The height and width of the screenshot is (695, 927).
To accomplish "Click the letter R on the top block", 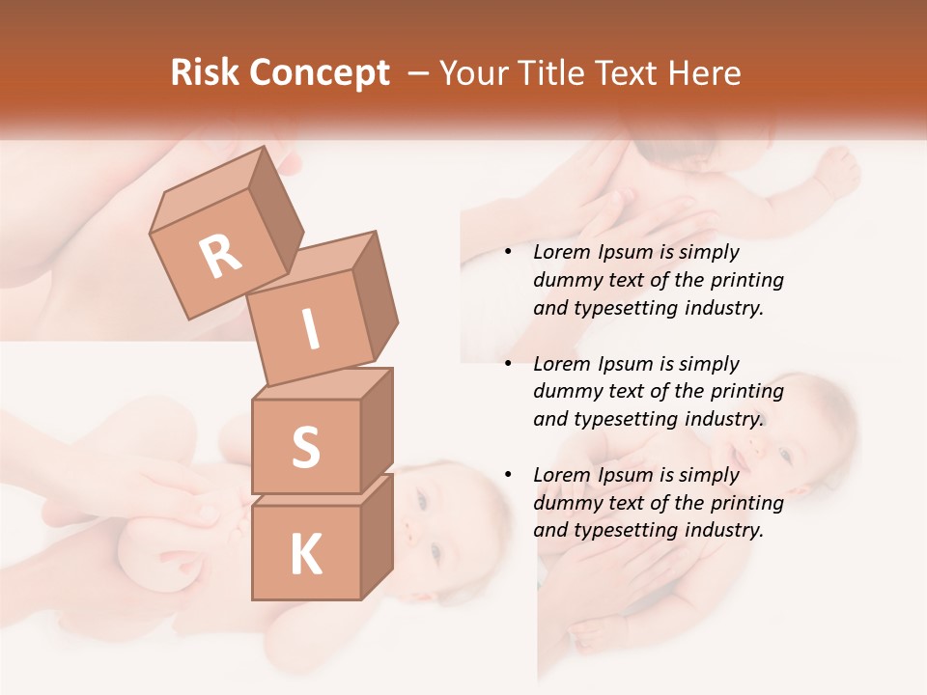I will pos(220,256).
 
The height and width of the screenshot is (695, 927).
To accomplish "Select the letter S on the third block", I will pos(305,446).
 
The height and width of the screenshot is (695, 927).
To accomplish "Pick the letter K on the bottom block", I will pos(305,555).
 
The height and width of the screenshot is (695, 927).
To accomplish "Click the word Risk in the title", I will pos(204,73).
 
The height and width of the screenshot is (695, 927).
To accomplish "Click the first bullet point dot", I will pos(508,253).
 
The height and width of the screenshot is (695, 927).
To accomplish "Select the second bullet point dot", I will pos(508,365).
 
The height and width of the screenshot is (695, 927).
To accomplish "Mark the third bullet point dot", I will pos(508,476).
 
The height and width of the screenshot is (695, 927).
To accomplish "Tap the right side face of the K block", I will pos(377,536).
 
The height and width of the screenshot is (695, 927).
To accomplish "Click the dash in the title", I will pos(420,73).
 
